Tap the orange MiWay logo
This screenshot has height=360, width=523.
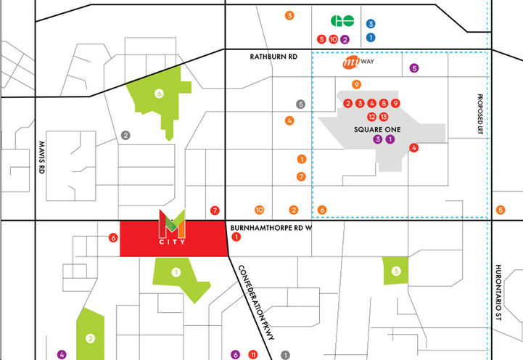(358, 64)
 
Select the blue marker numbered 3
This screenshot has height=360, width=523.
(371, 24)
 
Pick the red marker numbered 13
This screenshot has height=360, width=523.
(384, 116)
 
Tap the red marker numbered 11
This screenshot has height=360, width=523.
(252, 354)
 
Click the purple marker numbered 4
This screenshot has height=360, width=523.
(62, 354)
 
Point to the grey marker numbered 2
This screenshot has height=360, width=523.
(125, 135)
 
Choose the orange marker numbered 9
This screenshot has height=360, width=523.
(356, 84)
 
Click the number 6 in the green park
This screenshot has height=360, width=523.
(160, 93)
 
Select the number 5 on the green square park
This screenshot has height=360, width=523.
(395, 271)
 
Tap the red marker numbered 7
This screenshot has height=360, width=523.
(214, 210)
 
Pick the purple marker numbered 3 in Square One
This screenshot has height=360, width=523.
(377, 139)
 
